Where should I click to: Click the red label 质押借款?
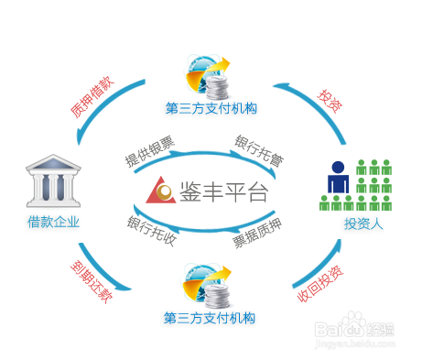tap(92, 98)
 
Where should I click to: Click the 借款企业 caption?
tap(53, 222)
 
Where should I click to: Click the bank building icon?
tap(54, 182)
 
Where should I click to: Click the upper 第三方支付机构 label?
tap(211, 108)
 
